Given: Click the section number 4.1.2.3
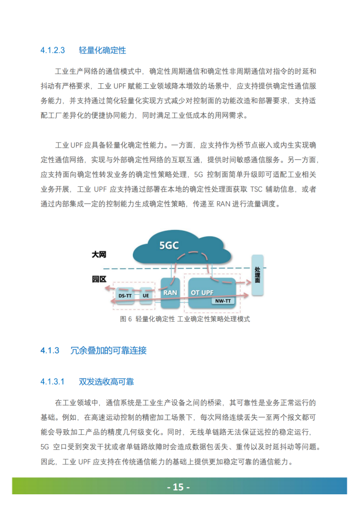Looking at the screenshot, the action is [x=53, y=50].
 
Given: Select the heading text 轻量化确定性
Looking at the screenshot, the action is [x=102, y=50].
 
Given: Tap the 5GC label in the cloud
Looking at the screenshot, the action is [x=169, y=246].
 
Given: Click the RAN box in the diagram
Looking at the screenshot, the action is [x=170, y=293].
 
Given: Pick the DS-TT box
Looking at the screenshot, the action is [x=125, y=296].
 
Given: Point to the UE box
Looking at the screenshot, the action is [x=146, y=296].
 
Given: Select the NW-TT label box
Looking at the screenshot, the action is [x=223, y=301].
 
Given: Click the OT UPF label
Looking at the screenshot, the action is [x=202, y=292].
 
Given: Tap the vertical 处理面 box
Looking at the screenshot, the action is [x=258, y=275].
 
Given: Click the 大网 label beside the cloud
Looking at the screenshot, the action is [x=99, y=254].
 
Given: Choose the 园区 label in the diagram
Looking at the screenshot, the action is [x=99, y=279].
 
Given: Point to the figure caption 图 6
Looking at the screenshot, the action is [x=126, y=319].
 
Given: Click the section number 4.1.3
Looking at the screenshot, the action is [x=50, y=351].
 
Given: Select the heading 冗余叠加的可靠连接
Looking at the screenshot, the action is [x=109, y=351].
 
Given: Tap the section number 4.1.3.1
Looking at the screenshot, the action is [x=52, y=382].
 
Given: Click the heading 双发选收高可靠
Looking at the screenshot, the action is [x=106, y=382].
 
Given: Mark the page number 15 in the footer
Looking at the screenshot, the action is [x=178, y=487].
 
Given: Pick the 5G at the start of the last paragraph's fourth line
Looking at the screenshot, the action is [x=45, y=447].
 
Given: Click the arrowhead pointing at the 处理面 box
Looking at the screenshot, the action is [x=249, y=283].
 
